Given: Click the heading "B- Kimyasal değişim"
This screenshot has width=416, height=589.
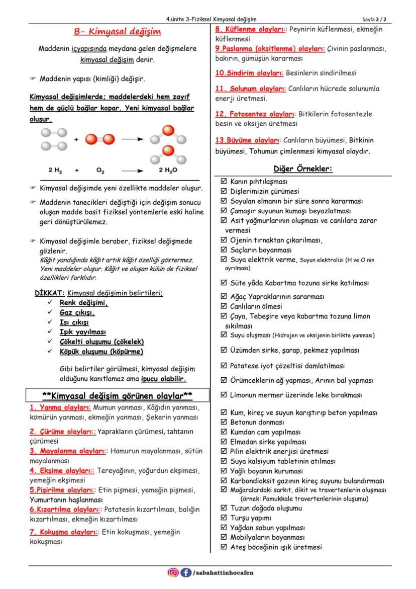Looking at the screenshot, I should (x=117, y=32).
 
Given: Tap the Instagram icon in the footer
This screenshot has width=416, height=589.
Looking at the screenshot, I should (x=173, y=572).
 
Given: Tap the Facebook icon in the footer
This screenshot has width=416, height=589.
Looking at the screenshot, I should (x=185, y=572).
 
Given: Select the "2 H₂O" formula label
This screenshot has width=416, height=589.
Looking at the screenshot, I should (x=168, y=171).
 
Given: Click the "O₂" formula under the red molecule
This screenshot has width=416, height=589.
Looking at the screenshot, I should (x=100, y=171).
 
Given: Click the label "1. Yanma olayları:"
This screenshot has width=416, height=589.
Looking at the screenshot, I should (x=60, y=407).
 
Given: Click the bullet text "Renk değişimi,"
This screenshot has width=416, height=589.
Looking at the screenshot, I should (x=84, y=303).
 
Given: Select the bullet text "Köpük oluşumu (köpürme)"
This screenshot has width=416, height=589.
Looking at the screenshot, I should (x=101, y=351).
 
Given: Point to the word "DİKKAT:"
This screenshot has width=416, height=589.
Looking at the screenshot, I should (x=50, y=293).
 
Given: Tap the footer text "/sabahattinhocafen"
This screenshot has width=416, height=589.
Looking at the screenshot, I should (x=223, y=572).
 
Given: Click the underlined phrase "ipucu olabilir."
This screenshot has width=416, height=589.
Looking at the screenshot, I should (x=163, y=378).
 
